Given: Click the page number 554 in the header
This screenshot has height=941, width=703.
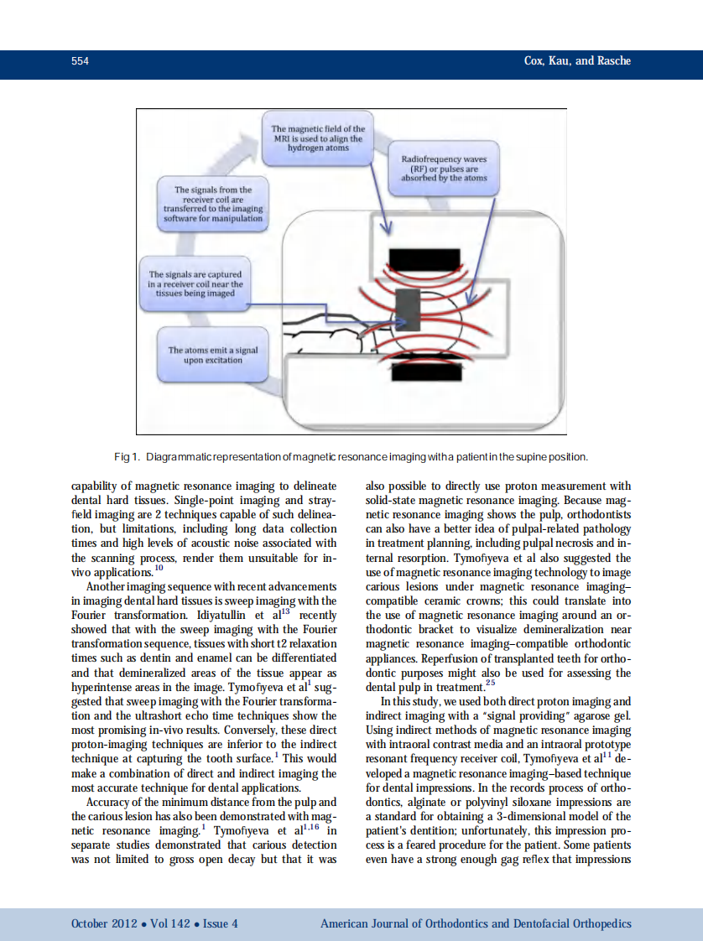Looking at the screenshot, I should tap(81, 61).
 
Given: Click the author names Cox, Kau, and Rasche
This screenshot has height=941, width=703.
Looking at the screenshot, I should tap(577, 61).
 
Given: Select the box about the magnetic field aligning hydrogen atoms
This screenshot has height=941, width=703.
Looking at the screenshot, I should tap(318, 138).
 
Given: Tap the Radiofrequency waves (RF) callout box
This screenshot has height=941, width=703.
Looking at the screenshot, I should tap(444, 168).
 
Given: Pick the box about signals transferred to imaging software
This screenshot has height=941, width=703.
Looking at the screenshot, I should tap(212, 204).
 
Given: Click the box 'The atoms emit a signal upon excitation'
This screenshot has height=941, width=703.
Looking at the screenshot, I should tap(212, 355).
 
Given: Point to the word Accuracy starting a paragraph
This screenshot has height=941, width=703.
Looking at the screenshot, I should tap(108, 802).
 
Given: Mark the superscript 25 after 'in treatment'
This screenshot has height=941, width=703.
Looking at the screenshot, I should tap(490, 682).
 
